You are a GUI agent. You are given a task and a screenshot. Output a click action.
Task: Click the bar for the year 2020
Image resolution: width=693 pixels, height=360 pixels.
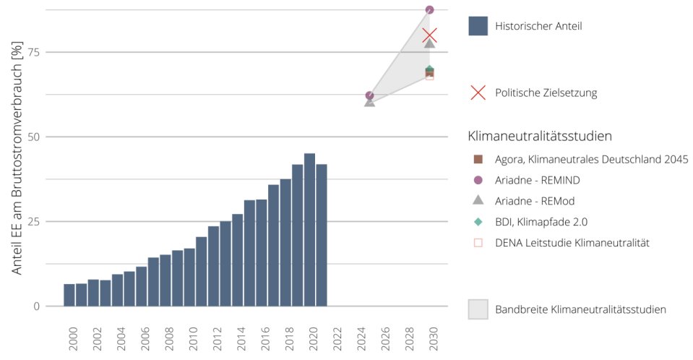pyautogui.click(x=309, y=230)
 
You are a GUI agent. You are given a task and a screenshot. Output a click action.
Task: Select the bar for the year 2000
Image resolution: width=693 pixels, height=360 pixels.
pyautogui.click(x=69, y=295)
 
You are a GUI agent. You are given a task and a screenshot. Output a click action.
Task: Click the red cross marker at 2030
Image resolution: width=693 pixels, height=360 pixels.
pyautogui.click(x=430, y=35)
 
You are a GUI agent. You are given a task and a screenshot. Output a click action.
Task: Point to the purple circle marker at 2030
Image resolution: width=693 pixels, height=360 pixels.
pyautogui.click(x=430, y=10)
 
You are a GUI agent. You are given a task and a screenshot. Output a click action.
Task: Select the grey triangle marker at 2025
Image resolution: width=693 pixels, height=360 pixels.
pyautogui.click(x=370, y=102)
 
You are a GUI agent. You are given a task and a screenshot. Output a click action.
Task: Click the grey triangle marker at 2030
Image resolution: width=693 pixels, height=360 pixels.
pyautogui.click(x=430, y=43)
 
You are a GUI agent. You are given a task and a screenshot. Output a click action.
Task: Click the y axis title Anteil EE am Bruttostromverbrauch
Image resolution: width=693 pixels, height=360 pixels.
pyautogui.click(x=17, y=159)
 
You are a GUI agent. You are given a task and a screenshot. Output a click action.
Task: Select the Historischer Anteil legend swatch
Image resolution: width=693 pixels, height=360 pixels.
pyautogui.click(x=478, y=26)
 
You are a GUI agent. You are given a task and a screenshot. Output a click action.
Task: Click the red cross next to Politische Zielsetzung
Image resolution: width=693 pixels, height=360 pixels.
pyautogui.click(x=478, y=93)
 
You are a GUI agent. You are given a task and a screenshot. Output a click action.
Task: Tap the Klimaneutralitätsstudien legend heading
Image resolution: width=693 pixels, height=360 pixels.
pyautogui.click(x=541, y=135)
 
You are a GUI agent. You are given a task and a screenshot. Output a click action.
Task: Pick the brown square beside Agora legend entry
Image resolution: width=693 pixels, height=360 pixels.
pyautogui.click(x=478, y=159)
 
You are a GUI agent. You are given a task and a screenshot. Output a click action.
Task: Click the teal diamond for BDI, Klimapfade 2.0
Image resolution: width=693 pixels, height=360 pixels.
pyautogui.click(x=478, y=221)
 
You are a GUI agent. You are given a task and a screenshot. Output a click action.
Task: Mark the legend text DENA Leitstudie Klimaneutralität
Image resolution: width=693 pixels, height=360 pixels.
pyautogui.click(x=572, y=242)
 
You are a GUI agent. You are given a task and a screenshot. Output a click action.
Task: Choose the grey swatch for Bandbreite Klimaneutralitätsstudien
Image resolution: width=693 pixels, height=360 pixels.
pyautogui.click(x=478, y=309)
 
